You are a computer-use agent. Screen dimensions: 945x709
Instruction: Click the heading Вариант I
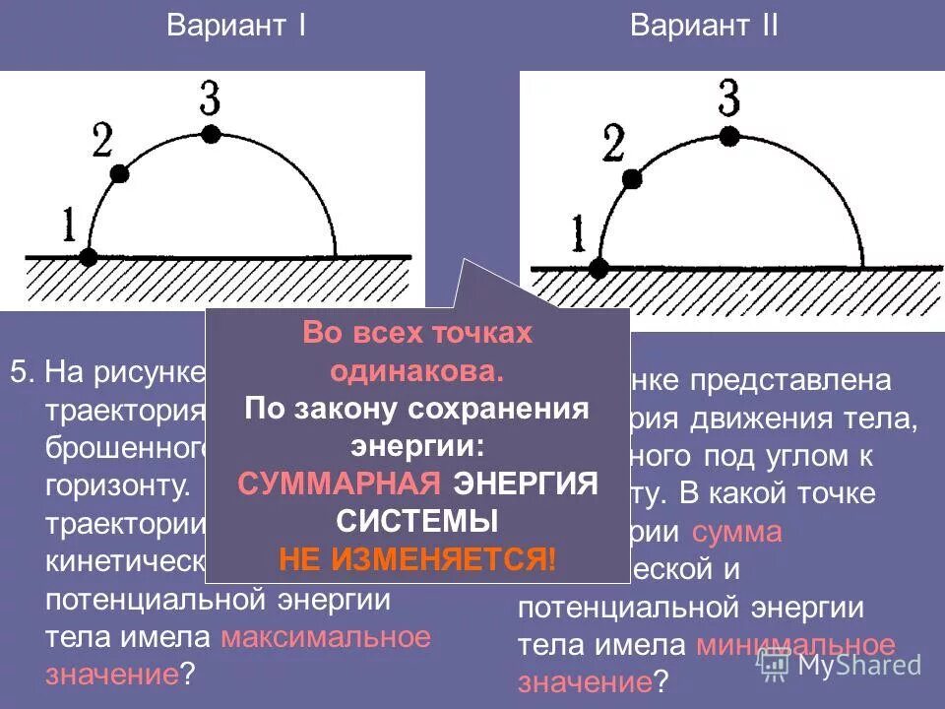click(x=235, y=26)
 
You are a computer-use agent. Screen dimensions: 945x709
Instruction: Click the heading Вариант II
click(x=704, y=26)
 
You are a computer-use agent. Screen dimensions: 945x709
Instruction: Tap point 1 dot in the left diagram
click(x=88, y=257)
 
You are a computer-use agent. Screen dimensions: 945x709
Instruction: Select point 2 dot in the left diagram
click(x=120, y=173)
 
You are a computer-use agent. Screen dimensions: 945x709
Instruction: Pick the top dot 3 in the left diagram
click(x=210, y=133)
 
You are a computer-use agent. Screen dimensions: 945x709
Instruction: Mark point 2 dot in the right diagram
click(x=633, y=178)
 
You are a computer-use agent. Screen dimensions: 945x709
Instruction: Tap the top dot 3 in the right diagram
click(x=728, y=135)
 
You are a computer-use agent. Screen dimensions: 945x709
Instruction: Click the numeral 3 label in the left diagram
click(x=209, y=99)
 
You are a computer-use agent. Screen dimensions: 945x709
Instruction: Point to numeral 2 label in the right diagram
click(x=612, y=145)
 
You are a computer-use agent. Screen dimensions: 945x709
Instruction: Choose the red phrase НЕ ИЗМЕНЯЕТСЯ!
click(x=417, y=559)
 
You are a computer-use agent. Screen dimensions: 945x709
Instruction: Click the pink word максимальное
click(x=326, y=637)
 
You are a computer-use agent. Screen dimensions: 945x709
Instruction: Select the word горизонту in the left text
click(x=118, y=486)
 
